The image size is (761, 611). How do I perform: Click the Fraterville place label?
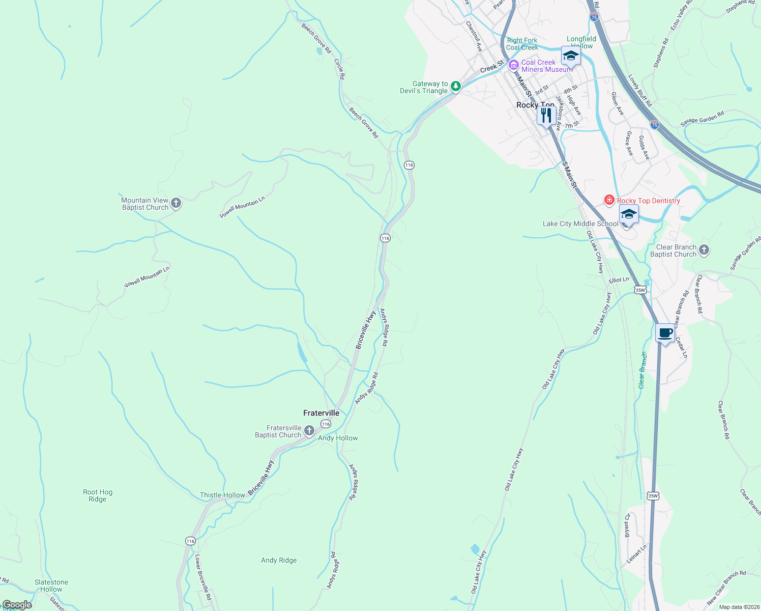point(321,413)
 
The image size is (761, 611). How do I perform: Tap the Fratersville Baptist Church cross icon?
point(309,432)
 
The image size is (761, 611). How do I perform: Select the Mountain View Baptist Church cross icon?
point(175,204)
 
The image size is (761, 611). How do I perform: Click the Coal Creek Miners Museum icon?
point(513,65)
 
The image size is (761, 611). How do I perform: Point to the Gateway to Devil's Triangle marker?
point(456,87)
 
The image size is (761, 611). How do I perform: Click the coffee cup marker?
point(665,334)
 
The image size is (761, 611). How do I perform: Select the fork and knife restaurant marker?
point(546,116)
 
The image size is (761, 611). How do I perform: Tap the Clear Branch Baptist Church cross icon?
point(704,250)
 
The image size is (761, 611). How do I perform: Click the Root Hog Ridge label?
point(98,495)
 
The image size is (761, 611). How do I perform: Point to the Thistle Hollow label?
point(222,495)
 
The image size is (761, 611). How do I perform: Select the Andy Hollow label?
point(338,438)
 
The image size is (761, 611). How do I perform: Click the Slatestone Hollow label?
point(51,586)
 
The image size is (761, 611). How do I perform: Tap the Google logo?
point(17,605)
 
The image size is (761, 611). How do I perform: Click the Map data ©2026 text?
point(738,607)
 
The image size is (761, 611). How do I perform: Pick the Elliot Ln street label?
point(619,280)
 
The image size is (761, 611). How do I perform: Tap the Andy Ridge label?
point(279,560)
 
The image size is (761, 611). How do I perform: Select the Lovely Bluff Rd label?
point(640,91)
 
